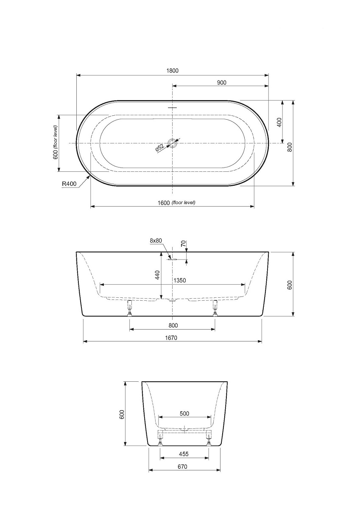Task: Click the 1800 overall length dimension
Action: coord(173,71)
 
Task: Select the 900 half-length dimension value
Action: coord(221,83)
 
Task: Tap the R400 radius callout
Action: coord(69,184)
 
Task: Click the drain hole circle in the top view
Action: coord(173,143)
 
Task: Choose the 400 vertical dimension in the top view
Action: coord(279,122)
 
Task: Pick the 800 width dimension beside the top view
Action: coord(290,147)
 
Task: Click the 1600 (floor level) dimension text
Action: coord(177,203)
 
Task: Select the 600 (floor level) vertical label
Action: coord(55,143)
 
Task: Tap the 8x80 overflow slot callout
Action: coord(156,241)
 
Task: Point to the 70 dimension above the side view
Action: coord(183,243)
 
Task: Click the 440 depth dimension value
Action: coord(157,275)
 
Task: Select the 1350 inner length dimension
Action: coord(179,280)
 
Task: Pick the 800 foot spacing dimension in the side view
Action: coord(173,325)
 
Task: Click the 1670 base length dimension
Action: coord(172,338)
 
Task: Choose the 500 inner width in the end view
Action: coord(184,413)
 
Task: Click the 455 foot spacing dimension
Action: coord(184,454)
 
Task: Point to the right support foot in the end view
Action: coord(209,439)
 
